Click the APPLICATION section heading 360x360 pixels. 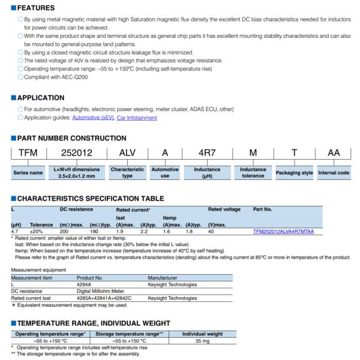(41, 97)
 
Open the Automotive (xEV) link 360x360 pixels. (93, 118)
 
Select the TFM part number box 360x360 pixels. (28, 154)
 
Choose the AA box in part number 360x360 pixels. (334, 154)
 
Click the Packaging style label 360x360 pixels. (294, 173)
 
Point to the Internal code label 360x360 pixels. (334, 173)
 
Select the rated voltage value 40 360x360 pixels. (211, 230)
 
